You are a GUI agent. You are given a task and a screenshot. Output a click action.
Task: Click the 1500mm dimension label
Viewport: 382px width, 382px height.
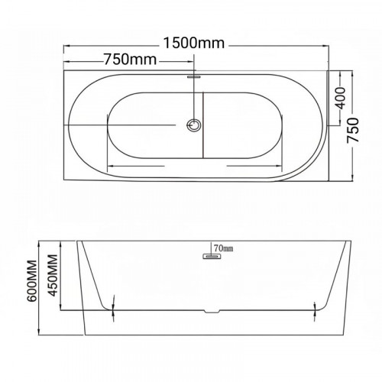tap(194, 43)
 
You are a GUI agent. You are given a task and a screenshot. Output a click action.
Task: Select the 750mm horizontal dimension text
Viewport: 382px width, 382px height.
tap(130, 60)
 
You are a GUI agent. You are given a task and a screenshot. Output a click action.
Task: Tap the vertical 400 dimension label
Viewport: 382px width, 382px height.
tap(341, 98)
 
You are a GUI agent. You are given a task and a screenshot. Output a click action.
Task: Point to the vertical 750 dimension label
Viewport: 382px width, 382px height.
tap(353, 130)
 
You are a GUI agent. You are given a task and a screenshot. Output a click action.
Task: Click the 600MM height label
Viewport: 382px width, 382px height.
tap(32, 281)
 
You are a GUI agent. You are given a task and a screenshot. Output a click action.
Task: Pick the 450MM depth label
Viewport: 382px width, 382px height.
tap(53, 276)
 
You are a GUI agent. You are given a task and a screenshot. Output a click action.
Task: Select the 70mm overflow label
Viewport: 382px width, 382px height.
tap(224, 248)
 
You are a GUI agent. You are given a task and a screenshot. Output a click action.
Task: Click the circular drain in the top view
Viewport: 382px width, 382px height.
tap(194, 125)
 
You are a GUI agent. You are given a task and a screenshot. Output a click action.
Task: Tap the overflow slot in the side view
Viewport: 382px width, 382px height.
tap(212, 256)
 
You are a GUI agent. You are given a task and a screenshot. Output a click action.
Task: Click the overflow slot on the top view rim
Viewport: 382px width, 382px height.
tap(194, 76)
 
